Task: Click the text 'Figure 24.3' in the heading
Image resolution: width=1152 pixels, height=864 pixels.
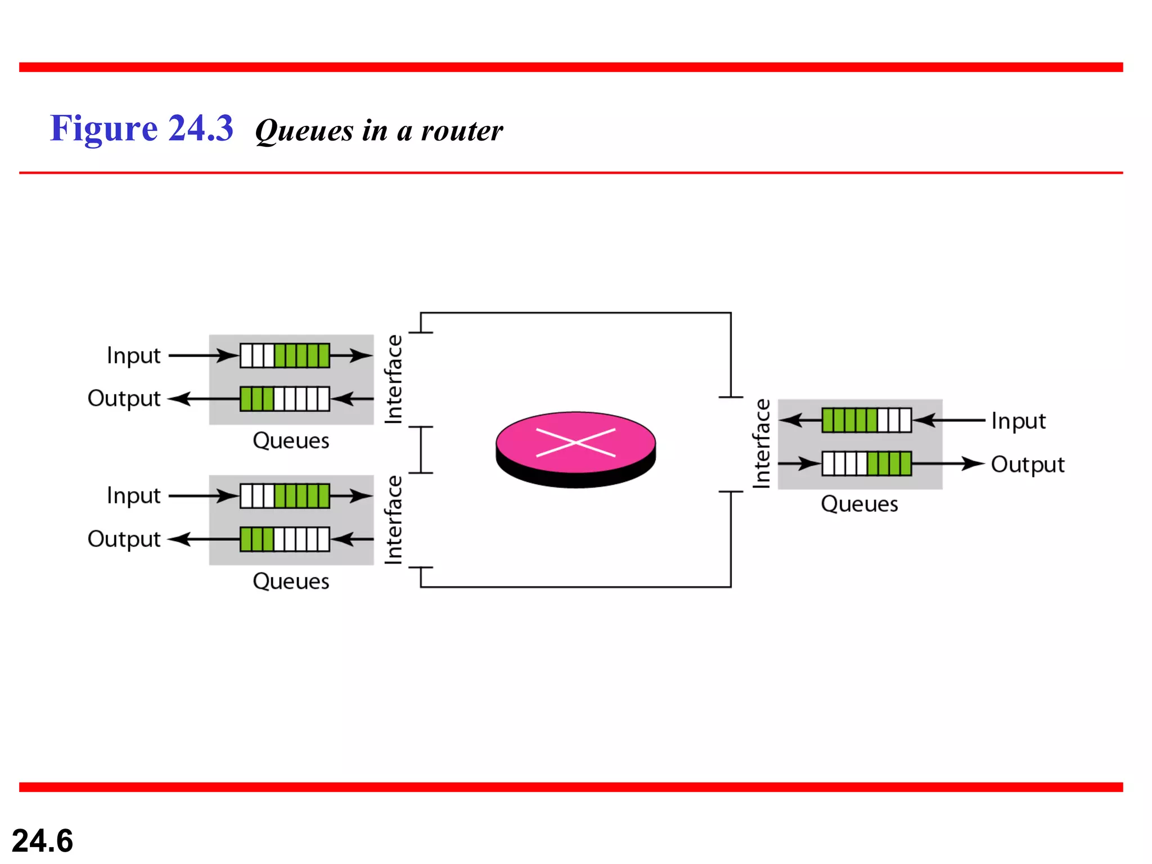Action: (x=141, y=128)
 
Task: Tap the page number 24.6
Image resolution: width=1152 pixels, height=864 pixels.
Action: (x=42, y=840)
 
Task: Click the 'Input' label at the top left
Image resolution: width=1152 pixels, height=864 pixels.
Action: (x=133, y=355)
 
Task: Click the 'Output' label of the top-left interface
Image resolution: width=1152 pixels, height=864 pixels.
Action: (x=124, y=398)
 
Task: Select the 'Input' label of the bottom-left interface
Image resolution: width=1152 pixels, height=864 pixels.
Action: (x=133, y=496)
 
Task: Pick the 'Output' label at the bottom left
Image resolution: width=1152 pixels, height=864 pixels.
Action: (x=124, y=539)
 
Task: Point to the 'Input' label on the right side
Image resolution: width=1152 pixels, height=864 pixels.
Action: (x=1018, y=421)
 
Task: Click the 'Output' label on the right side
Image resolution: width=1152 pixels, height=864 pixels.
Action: (x=1027, y=465)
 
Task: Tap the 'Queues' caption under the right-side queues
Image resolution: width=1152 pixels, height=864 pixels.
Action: (x=859, y=504)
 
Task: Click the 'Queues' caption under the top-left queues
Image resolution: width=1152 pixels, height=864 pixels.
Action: (x=291, y=440)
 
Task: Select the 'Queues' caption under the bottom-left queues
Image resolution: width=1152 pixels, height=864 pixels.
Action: (x=291, y=581)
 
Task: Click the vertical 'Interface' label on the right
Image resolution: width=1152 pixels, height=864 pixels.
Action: (x=762, y=443)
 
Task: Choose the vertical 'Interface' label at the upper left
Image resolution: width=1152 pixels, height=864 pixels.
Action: (x=394, y=379)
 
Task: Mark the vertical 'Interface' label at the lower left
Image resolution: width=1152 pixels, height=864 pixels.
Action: (x=394, y=520)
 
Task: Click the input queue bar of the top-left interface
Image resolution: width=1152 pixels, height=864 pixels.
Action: (x=285, y=355)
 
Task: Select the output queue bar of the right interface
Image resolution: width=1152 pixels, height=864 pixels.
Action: (x=866, y=464)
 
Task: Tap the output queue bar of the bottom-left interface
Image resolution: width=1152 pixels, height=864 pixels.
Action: (x=285, y=539)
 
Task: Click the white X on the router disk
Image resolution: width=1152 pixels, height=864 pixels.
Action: (x=575, y=443)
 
